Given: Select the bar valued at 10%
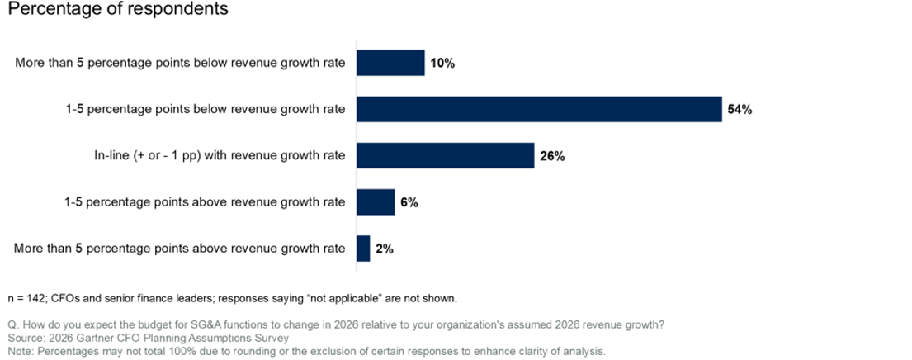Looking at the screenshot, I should pos(390,63).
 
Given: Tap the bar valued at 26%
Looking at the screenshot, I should pos(446,155).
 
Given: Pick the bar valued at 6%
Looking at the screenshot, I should pos(376,201).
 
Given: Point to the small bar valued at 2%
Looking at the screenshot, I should pos(363,248).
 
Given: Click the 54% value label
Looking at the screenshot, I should pos(740,110).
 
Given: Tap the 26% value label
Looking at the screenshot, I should pos(552,156).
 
